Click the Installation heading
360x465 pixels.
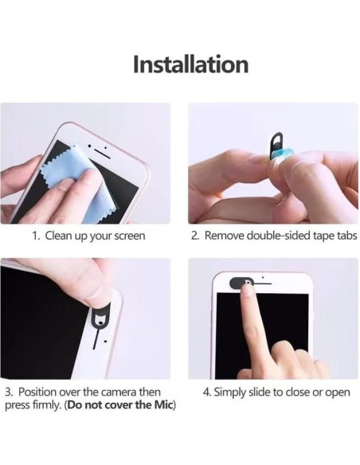click(x=190, y=64)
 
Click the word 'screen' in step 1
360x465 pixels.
click(x=130, y=236)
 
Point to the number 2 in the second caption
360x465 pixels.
click(x=194, y=236)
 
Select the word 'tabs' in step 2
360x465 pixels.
click(x=347, y=236)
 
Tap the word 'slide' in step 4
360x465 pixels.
click(x=260, y=392)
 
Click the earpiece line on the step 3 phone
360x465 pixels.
click(x=96, y=338)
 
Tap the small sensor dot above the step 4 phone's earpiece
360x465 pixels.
click(x=263, y=278)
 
